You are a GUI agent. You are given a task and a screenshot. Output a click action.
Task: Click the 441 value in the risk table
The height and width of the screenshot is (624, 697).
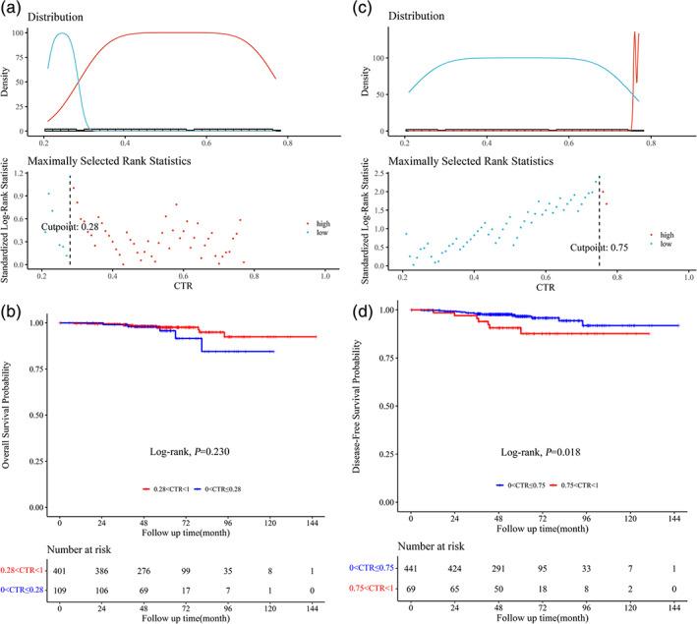click(411, 571)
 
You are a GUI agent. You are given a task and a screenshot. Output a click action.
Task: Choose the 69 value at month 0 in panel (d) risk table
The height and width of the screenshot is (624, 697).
click(411, 592)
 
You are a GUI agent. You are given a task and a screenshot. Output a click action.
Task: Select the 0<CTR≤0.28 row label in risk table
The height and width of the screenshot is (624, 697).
click(22, 590)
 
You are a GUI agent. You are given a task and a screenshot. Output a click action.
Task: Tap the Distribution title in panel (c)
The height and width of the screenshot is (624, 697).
click(399, 18)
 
